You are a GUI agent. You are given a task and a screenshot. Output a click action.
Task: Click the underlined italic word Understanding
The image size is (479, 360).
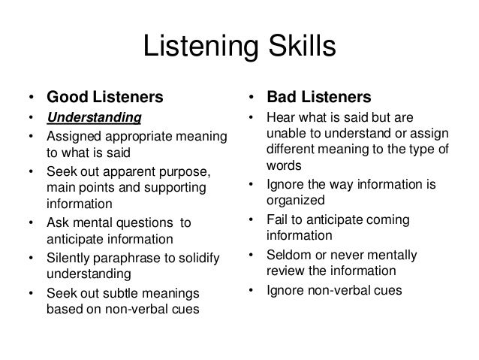[94, 118]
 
